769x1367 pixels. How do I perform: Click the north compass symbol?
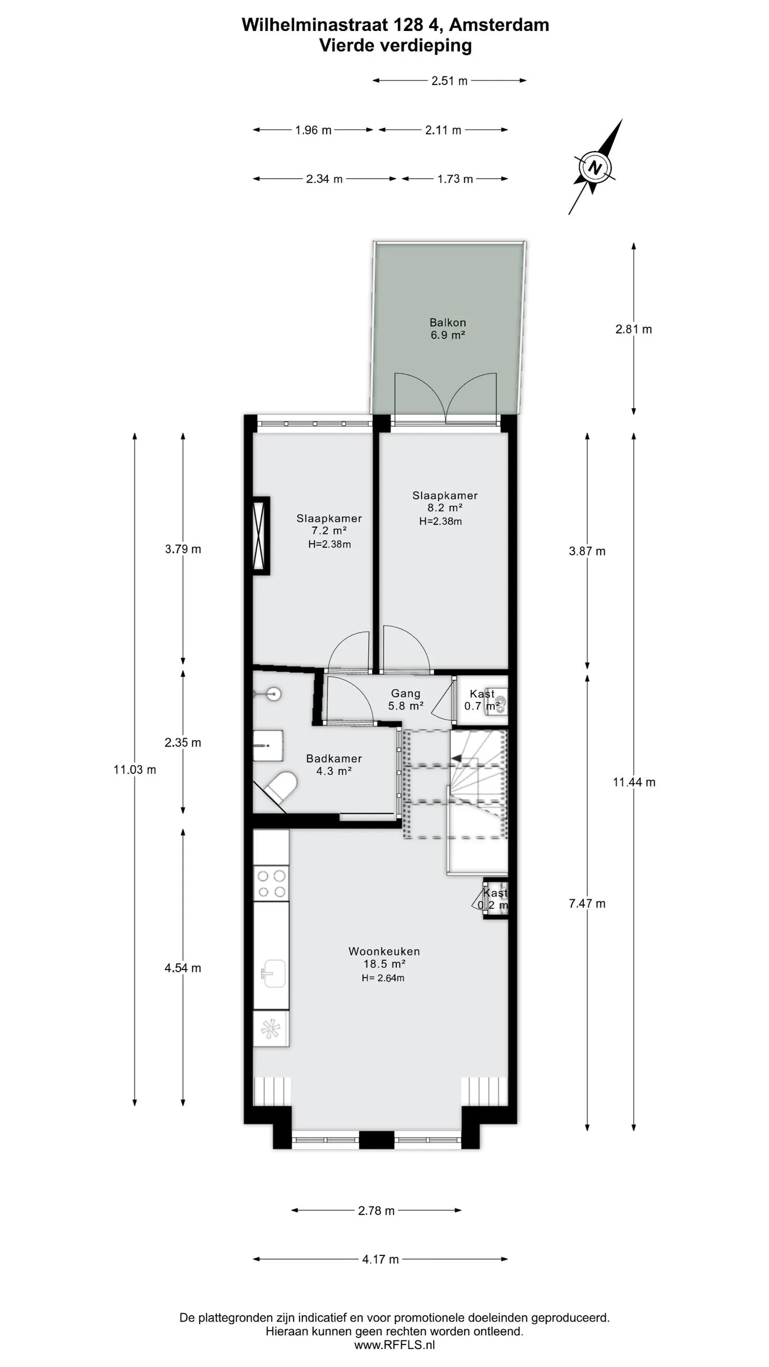[595, 167]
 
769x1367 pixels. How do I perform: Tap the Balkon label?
[448, 323]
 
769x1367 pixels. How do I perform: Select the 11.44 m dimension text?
[634, 782]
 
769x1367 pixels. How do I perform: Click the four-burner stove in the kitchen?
[271, 884]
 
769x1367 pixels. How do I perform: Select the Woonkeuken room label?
[384, 951]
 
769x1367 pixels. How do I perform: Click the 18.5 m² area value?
[384, 964]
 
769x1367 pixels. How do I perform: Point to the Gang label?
[405, 693]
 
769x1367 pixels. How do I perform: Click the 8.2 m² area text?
[445, 508]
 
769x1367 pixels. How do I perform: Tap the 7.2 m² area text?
[329, 531]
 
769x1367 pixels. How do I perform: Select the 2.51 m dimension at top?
[450, 81]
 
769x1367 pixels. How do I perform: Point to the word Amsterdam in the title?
[499, 25]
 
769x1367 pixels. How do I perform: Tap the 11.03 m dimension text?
[135, 769]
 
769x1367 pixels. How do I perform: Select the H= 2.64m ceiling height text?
[383, 978]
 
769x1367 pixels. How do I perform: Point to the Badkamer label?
[334, 758]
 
